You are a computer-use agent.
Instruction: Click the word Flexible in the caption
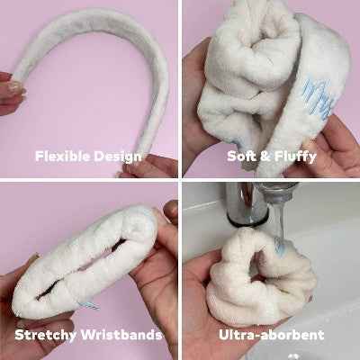[x=62, y=156]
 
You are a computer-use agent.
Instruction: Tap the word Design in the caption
[x=117, y=157]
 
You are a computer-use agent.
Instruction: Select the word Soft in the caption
[x=239, y=156]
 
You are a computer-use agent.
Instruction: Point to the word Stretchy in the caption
[x=45, y=335]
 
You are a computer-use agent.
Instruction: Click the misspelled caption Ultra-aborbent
[x=271, y=335]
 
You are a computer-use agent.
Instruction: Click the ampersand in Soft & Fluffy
[x=263, y=157]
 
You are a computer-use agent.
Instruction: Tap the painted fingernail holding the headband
[x=15, y=87]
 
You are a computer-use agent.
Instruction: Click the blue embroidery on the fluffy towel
[x=318, y=96]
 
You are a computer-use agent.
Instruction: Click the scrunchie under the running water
[x=260, y=277]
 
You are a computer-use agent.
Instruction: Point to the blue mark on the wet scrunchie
[x=280, y=245]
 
